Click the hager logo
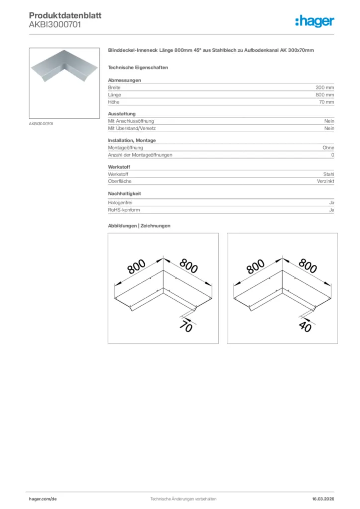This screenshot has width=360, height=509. coord(314,21)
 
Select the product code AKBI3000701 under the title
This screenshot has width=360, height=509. coord(55,24)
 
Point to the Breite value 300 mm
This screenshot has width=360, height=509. coord(325,87)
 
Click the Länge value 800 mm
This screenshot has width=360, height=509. coord(325,94)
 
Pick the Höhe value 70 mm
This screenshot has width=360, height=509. coord(326,102)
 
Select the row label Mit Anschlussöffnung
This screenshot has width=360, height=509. coord(131,121)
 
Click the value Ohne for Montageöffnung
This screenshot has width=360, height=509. coord(328,148)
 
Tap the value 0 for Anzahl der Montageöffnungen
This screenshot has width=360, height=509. coord(333,155)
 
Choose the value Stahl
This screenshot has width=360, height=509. coord(329,174)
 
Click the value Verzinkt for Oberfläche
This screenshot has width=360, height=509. coord(326,182)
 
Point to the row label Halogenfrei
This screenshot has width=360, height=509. coord(120,203)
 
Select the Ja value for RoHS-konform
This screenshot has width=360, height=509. coord(331,210)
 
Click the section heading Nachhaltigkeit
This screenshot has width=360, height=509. coord(128,193)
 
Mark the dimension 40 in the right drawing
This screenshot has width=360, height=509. coord(305,327)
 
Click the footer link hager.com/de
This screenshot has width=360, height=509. coord(42,499)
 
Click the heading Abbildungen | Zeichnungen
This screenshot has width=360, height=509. coord(139,226)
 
